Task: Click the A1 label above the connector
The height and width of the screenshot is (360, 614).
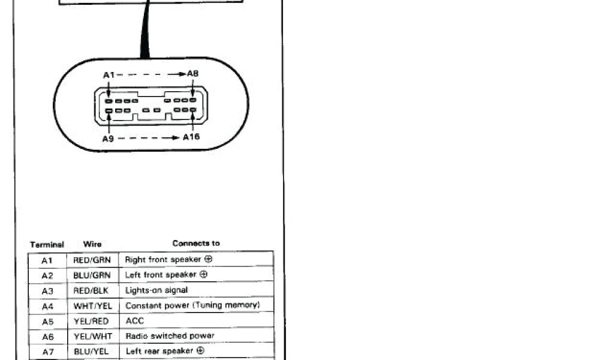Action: point(109,75)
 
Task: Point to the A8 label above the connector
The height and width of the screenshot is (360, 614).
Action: point(192,74)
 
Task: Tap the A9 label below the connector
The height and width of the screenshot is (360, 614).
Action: point(108,139)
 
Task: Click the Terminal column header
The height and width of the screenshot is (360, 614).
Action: point(47,245)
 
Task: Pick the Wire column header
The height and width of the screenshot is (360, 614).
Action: point(92,244)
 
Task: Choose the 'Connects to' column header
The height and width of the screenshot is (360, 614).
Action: point(195,244)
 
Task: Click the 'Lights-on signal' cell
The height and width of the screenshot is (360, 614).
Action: point(156,290)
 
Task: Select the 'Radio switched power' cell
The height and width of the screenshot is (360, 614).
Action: point(170,336)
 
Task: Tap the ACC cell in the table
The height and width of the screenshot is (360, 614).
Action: point(134,321)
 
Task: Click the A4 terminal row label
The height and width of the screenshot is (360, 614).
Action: point(47,306)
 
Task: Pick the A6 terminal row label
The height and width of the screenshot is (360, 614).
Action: point(47,336)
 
